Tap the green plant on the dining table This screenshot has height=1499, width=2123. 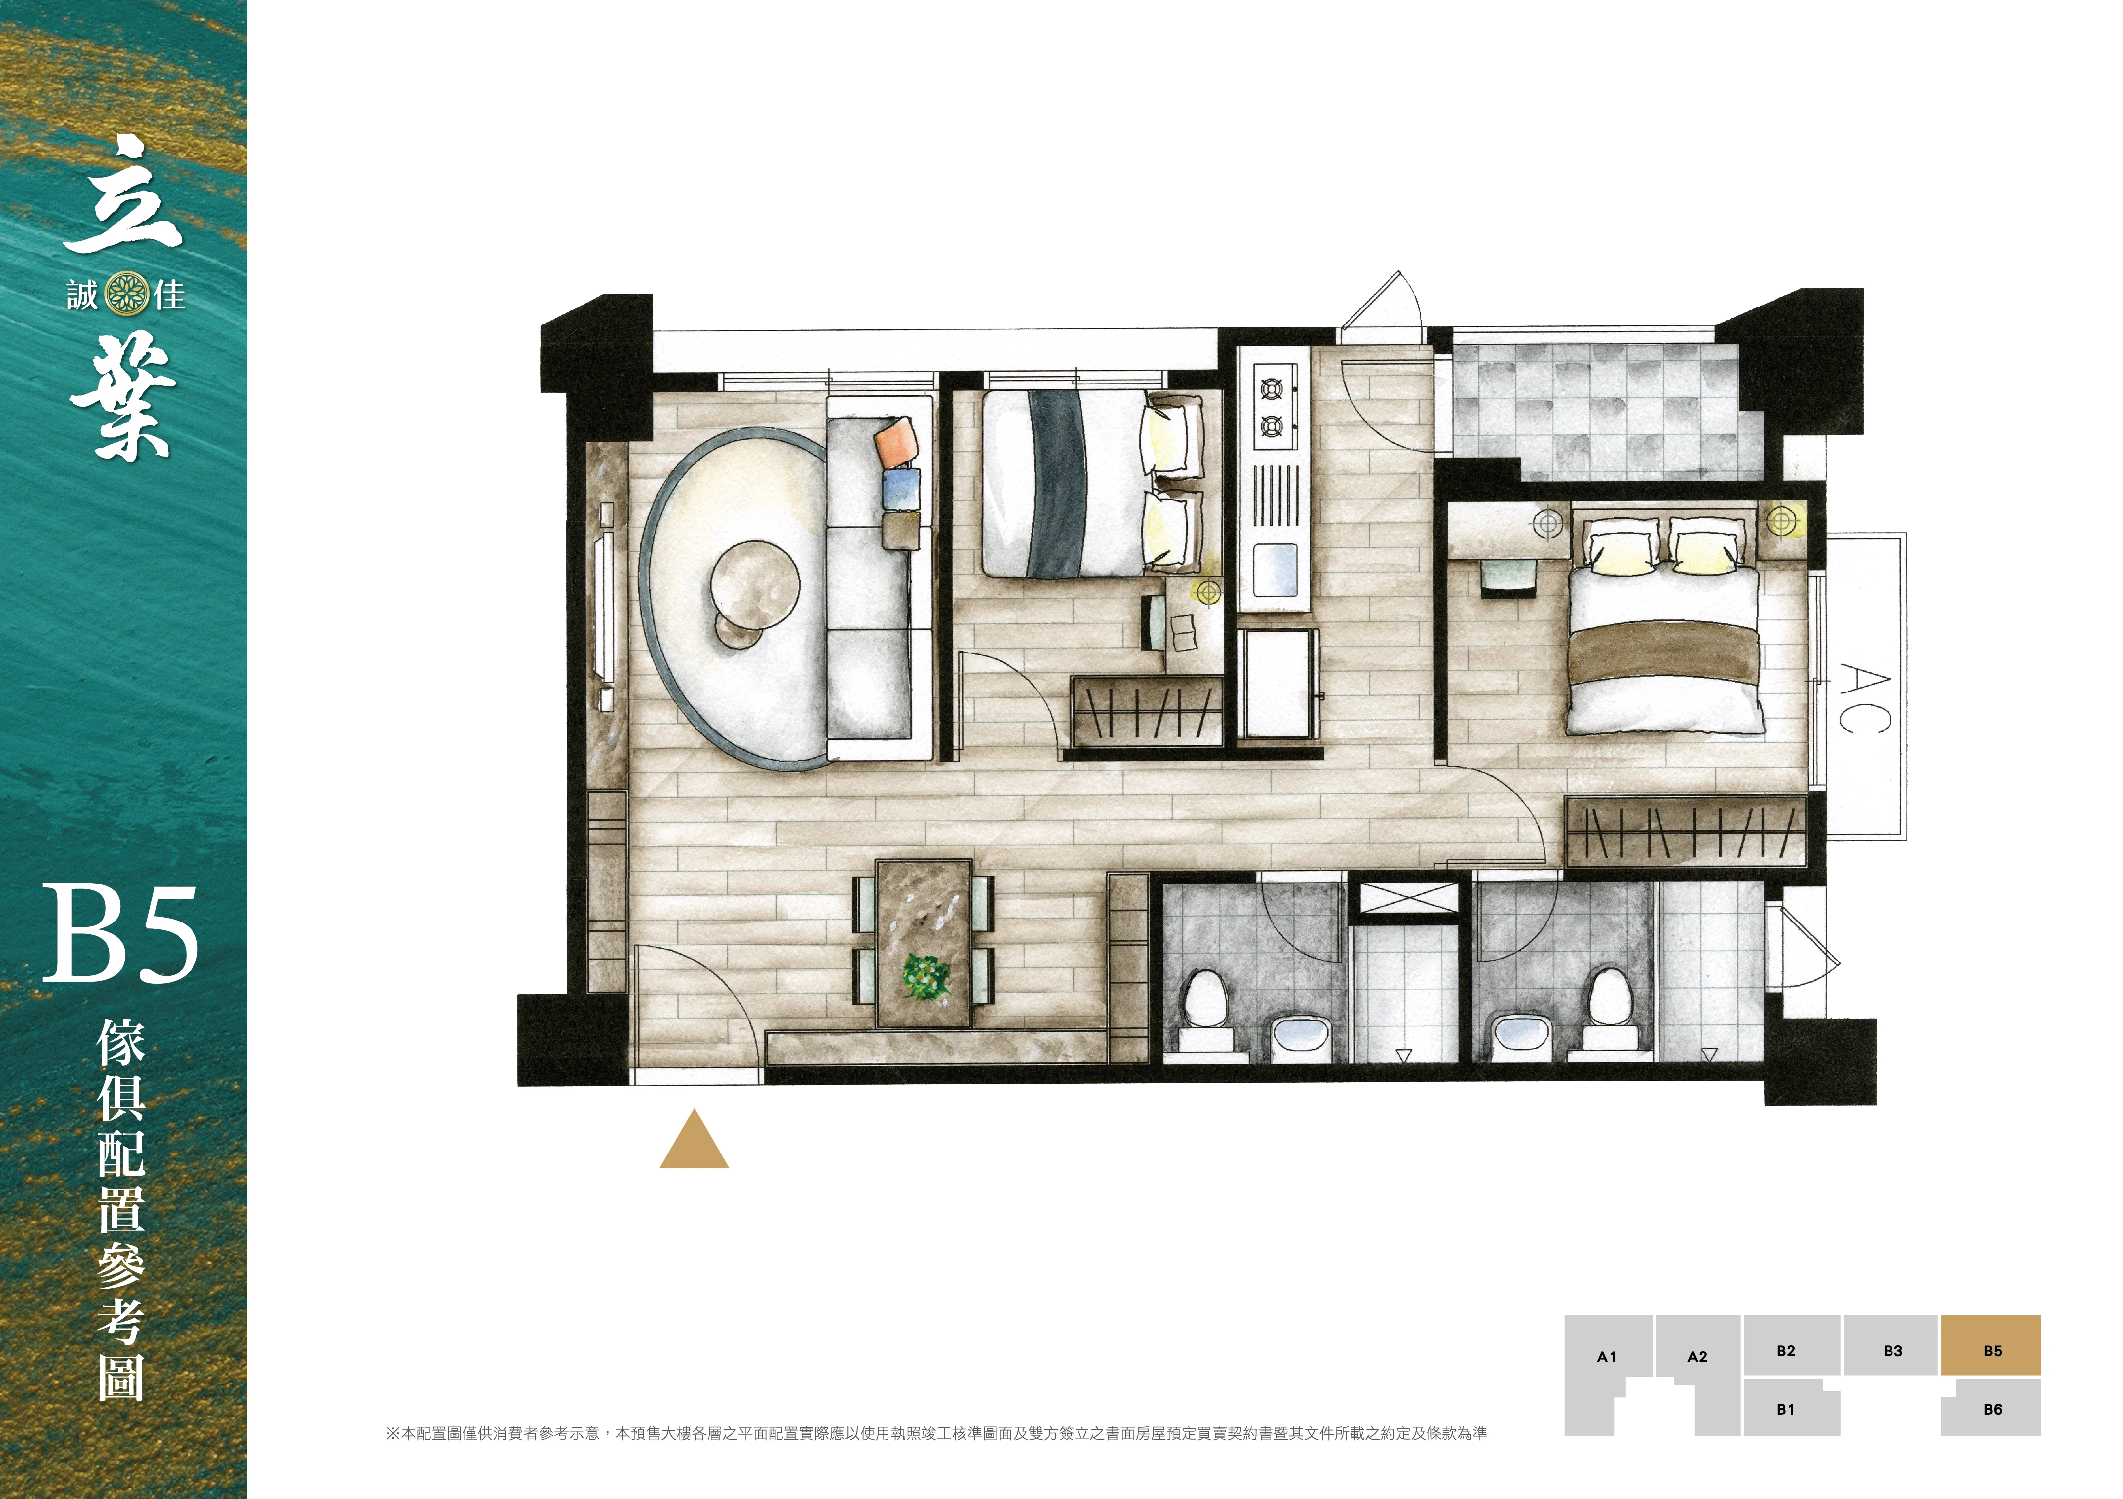click(x=926, y=976)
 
